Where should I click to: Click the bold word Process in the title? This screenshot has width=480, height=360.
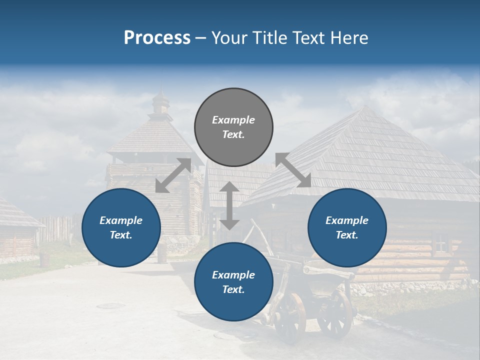157,37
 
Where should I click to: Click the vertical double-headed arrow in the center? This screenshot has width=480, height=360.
229,205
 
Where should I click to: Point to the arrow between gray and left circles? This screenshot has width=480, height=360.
173,175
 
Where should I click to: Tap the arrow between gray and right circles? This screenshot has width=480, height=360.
293,170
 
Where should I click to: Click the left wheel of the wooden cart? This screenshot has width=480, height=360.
289,317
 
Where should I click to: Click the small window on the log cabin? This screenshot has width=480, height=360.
440,245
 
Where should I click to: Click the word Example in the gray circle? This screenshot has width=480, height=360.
233,120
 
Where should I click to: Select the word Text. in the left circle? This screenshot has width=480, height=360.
121,235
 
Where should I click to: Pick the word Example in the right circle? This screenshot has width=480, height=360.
347,220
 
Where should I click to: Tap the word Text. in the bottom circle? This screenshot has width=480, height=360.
233,289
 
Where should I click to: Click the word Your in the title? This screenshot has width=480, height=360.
227,37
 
